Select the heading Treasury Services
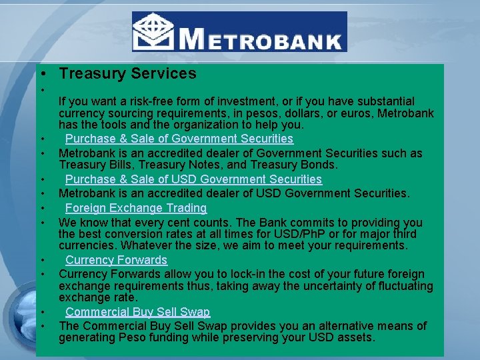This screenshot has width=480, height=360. tap(127, 73)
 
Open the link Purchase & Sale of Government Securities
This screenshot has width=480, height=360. tap(179, 139)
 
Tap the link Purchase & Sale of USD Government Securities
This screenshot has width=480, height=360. tap(193, 179)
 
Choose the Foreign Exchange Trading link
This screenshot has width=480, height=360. tap(136, 208)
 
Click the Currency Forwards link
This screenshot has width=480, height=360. tap(116, 260)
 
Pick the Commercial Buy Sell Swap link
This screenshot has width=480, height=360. tap(137, 312)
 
